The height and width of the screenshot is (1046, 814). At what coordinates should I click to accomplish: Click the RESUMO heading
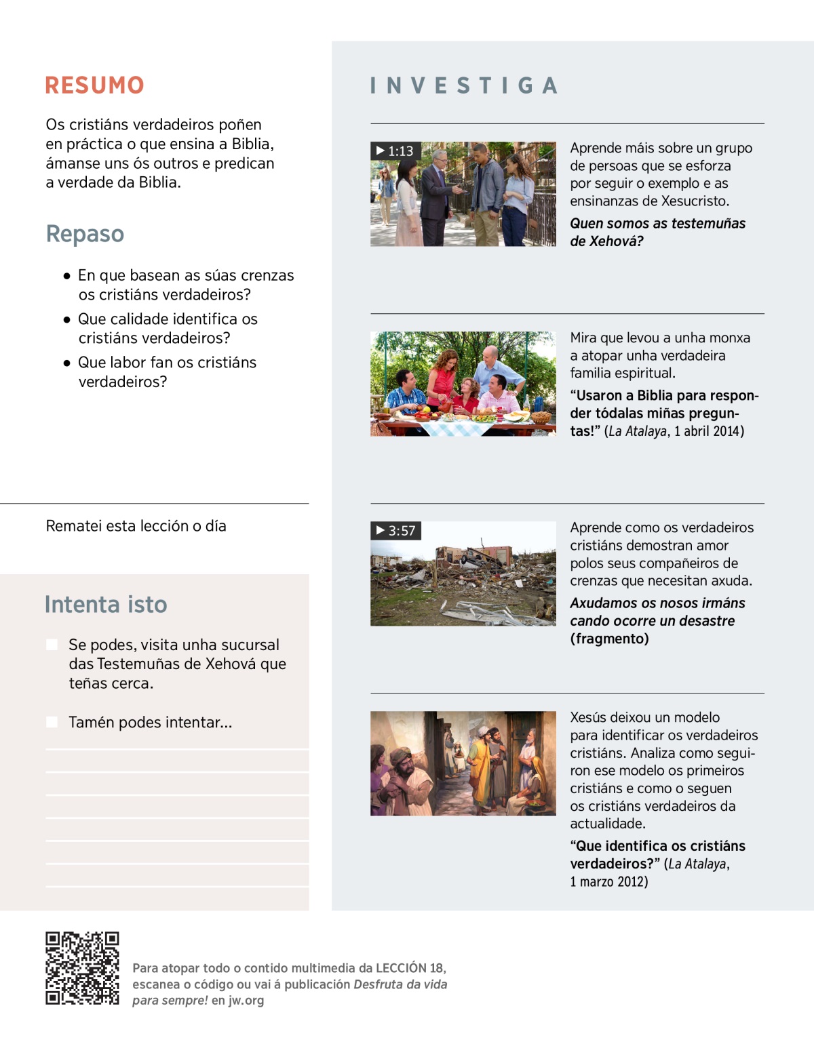coord(95,85)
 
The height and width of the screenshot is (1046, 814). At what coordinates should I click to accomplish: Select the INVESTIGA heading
coord(464,85)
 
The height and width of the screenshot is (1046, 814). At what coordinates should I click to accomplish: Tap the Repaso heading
coord(85,234)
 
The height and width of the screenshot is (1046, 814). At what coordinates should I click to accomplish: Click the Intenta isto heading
coord(106,605)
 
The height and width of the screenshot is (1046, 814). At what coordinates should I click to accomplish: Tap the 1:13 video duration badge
coord(395,151)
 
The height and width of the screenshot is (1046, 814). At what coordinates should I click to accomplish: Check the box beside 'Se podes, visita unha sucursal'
coord(52,645)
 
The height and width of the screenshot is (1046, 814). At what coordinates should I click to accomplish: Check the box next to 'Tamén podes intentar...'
coord(52,722)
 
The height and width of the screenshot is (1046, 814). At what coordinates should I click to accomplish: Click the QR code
coord(82,968)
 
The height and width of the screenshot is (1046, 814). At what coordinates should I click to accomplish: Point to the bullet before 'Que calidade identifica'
coord(67,319)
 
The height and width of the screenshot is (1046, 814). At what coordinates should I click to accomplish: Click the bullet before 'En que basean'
coord(67,276)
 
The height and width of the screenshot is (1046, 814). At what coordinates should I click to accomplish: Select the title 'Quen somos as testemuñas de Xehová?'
coord(657,233)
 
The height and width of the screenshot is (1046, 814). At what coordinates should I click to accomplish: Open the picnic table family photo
coord(463,384)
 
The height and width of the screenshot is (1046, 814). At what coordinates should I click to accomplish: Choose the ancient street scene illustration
coord(463,763)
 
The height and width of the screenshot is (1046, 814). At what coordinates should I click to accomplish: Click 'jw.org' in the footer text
coord(246,1001)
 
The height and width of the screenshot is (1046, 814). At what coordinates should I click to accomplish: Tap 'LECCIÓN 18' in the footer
coord(410,968)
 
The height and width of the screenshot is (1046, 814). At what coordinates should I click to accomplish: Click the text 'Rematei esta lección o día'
coord(136,526)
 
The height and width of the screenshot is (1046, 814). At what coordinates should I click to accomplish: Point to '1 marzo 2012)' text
coord(609,882)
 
